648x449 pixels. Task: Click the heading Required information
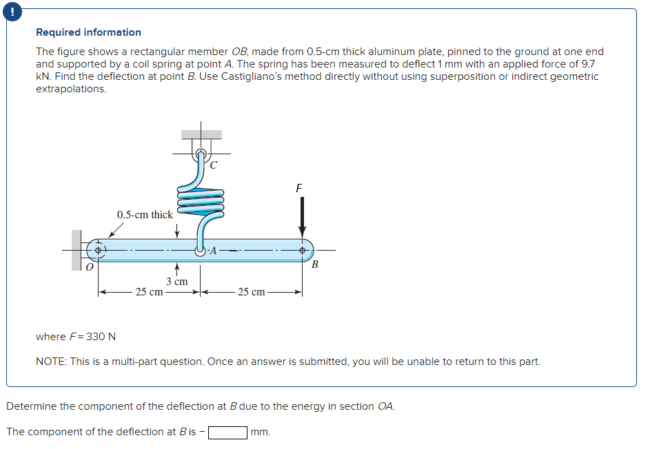point(88,32)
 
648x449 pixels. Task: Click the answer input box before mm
point(227,432)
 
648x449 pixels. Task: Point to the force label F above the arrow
point(298,187)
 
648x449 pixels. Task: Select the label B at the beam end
point(316,264)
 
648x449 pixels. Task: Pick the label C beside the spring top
point(213,165)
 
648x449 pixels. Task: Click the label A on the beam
point(213,251)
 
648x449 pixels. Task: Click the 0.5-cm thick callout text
point(145,215)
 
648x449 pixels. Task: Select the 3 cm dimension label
point(177,282)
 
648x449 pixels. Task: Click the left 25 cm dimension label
point(149,292)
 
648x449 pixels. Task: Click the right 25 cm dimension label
point(251,292)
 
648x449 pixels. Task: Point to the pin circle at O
point(98,250)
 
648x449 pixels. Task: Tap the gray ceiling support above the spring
point(202,135)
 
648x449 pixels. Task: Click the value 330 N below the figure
point(101,337)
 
